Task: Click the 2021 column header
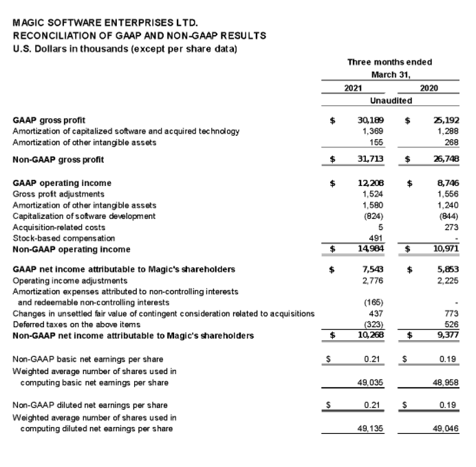[354, 87]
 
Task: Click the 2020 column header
[429, 87]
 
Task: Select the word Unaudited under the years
[391, 101]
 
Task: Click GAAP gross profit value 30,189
[371, 120]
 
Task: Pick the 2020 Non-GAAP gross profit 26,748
[446, 160]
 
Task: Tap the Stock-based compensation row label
[56, 238]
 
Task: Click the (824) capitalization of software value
[374, 216]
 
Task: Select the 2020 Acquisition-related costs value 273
[451, 227]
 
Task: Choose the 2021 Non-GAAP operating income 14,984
[371, 249]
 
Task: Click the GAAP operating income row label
[62, 183]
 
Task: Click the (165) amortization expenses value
[374, 302]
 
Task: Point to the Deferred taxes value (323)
[374, 324]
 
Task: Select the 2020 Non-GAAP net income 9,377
[448, 335]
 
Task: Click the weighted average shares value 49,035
[372, 382]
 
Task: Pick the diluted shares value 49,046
[447, 429]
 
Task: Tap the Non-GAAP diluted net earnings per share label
[90, 405]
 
